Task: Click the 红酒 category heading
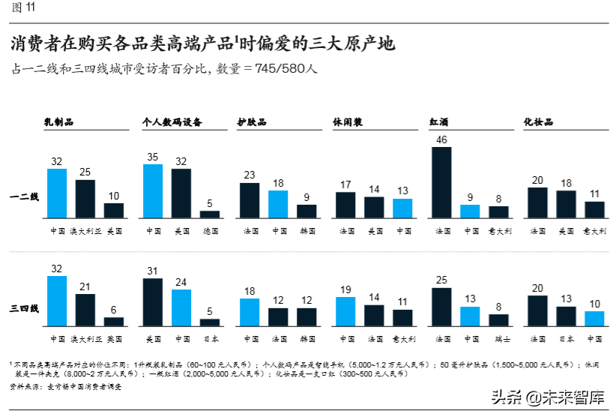(x=439, y=121)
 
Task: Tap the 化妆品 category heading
(x=537, y=121)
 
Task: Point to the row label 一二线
(x=24, y=196)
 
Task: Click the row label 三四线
(x=24, y=307)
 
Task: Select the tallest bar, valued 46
(x=441, y=181)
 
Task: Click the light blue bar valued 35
(x=153, y=190)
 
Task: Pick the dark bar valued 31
(x=153, y=301)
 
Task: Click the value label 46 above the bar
(x=441, y=139)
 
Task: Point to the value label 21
(x=85, y=286)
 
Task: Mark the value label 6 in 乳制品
(x=114, y=310)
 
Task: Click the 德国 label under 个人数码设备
(x=210, y=231)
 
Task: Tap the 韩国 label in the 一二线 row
(x=307, y=231)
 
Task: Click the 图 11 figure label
(x=22, y=8)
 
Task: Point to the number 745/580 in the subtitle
(x=280, y=68)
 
